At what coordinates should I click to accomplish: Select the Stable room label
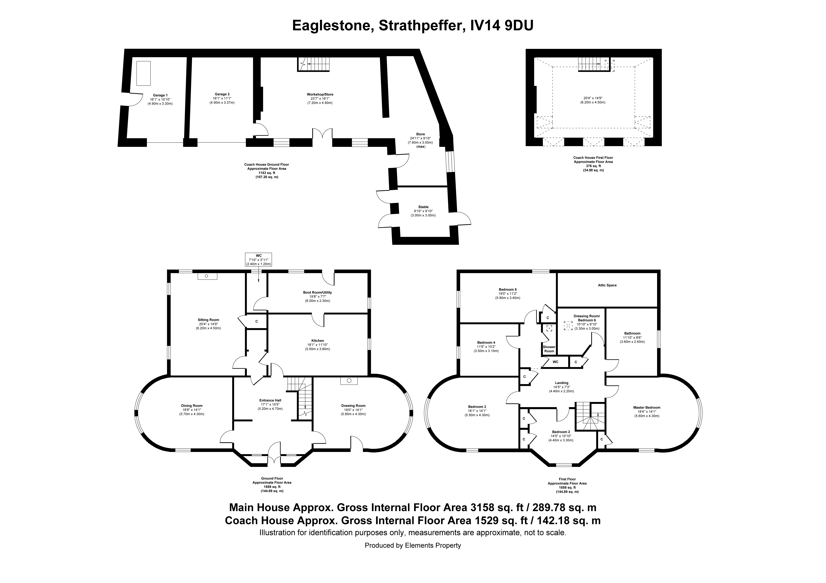(x=423, y=207)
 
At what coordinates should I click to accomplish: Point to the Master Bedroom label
(x=647, y=408)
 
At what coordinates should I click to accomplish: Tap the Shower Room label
(x=549, y=349)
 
